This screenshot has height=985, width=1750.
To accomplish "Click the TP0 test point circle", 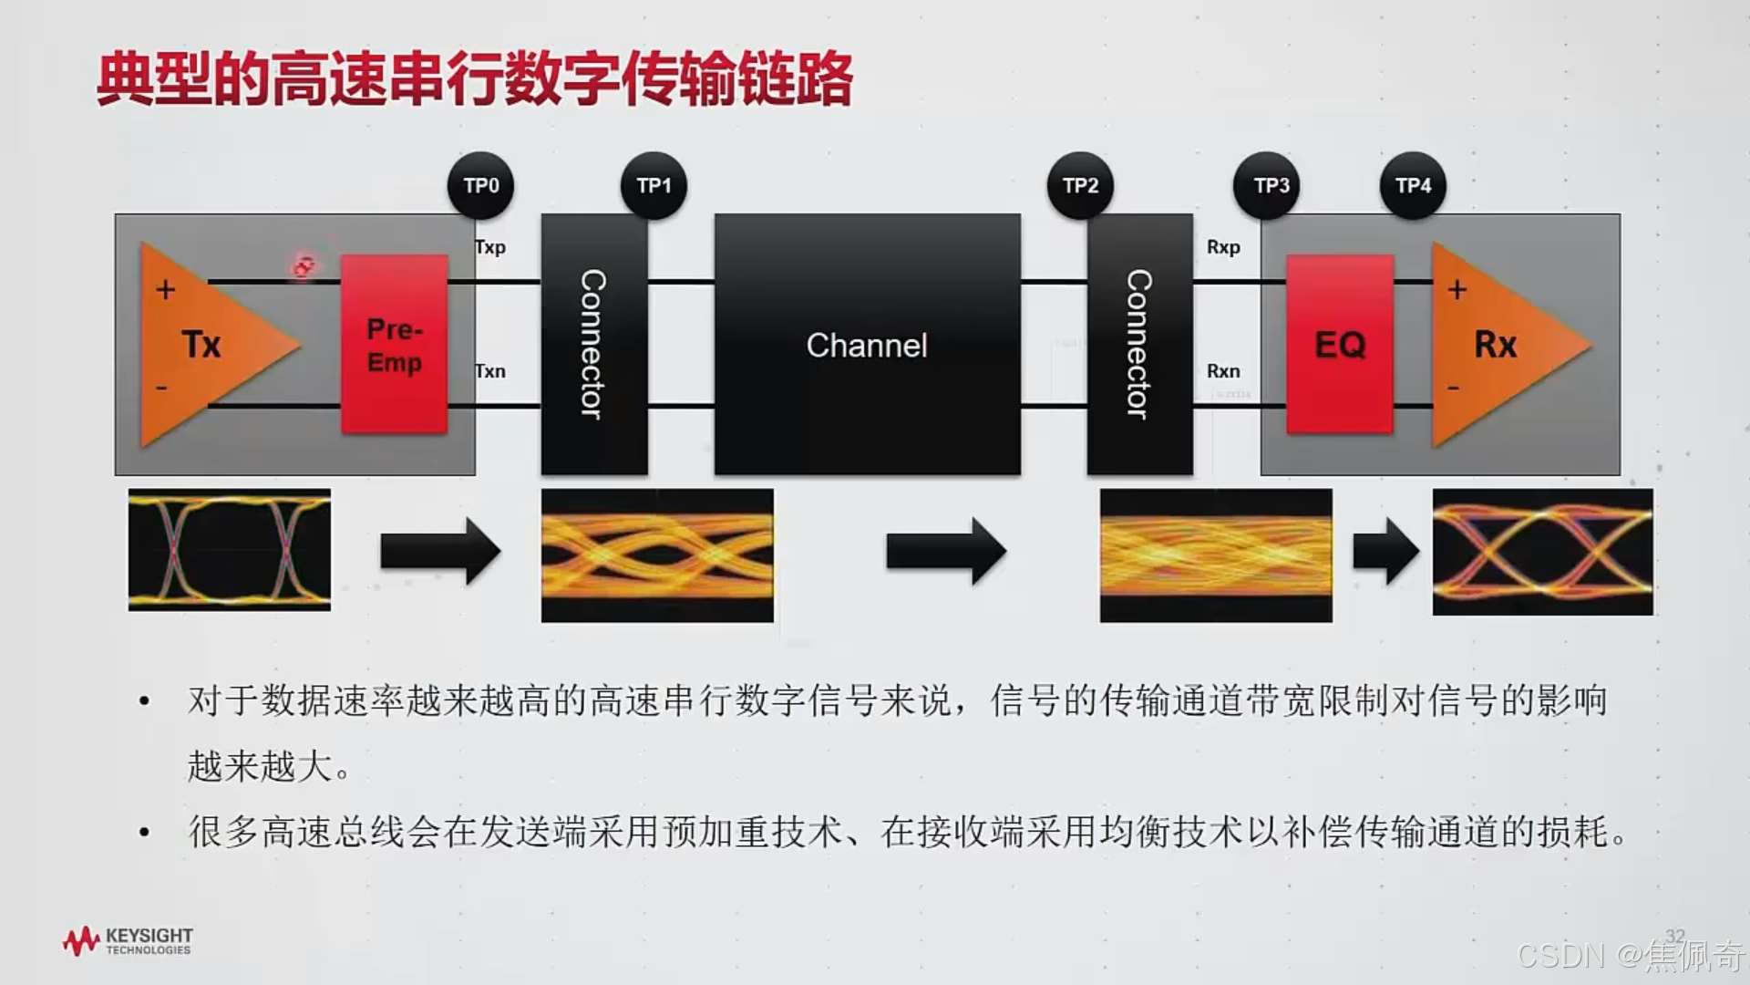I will [480, 186].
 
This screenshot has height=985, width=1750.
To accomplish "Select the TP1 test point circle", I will [654, 186].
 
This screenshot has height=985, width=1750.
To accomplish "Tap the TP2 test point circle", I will [1080, 186].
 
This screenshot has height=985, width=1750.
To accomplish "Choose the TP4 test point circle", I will [1413, 186].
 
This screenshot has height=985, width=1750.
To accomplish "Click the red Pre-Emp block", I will [395, 345].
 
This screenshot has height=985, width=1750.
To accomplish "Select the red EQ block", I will [1340, 345].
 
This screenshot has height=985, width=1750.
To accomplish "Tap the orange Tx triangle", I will [205, 345].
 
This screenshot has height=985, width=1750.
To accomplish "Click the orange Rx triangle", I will [1495, 345].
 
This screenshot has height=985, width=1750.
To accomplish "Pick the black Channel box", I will [867, 345].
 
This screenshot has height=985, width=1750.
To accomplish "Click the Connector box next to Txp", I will [594, 345].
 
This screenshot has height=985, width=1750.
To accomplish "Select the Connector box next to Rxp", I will [1139, 345].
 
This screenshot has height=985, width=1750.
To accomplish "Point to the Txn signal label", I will [490, 371].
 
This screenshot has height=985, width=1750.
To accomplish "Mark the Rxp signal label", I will [1223, 247].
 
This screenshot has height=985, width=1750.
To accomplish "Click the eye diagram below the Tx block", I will [230, 550].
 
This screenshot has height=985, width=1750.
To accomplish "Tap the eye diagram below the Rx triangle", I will [1542, 552].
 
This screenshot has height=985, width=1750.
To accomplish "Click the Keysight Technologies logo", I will [128, 941].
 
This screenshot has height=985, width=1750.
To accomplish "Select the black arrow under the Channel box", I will [945, 551].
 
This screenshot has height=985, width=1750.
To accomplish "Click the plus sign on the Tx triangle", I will [166, 290].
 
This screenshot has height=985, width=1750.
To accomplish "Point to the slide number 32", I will [1674, 936].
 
